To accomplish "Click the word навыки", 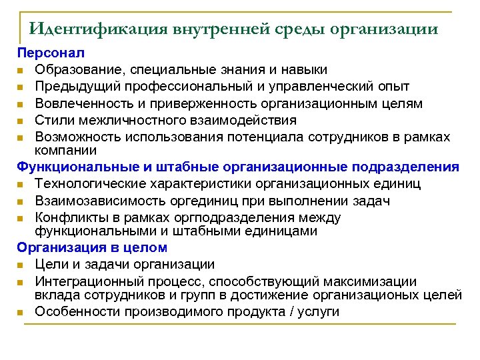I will [x=299, y=69].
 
